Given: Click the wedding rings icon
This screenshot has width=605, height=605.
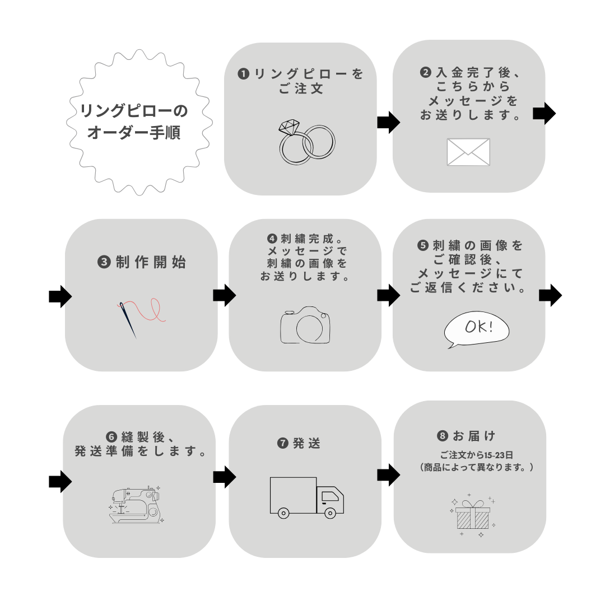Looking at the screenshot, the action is click(x=307, y=142).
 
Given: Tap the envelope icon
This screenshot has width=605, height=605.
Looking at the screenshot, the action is click(x=468, y=152).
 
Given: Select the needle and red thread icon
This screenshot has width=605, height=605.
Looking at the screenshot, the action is click(x=141, y=317).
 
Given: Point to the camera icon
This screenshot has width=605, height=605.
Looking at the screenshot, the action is click(x=305, y=325).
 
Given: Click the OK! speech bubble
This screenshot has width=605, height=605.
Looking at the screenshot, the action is click(x=476, y=329).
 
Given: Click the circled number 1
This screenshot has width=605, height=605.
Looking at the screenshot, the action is click(x=244, y=74).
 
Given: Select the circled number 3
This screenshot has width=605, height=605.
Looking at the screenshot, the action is click(x=104, y=262).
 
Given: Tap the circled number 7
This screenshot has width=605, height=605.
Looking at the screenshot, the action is click(x=283, y=443).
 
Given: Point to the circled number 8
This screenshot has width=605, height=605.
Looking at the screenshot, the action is click(x=443, y=436).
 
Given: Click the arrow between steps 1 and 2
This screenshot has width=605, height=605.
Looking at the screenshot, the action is click(x=389, y=122).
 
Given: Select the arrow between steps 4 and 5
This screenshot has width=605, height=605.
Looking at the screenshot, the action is click(x=389, y=296).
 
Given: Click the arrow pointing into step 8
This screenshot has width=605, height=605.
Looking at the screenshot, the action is click(x=389, y=474).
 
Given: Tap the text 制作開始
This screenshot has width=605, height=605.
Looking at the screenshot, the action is click(x=151, y=262).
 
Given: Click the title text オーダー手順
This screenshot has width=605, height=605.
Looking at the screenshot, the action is click(x=134, y=132).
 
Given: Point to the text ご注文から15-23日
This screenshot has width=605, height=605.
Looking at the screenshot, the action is click(x=477, y=455).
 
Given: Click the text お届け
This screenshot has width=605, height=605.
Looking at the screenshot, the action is click(x=474, y=436).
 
